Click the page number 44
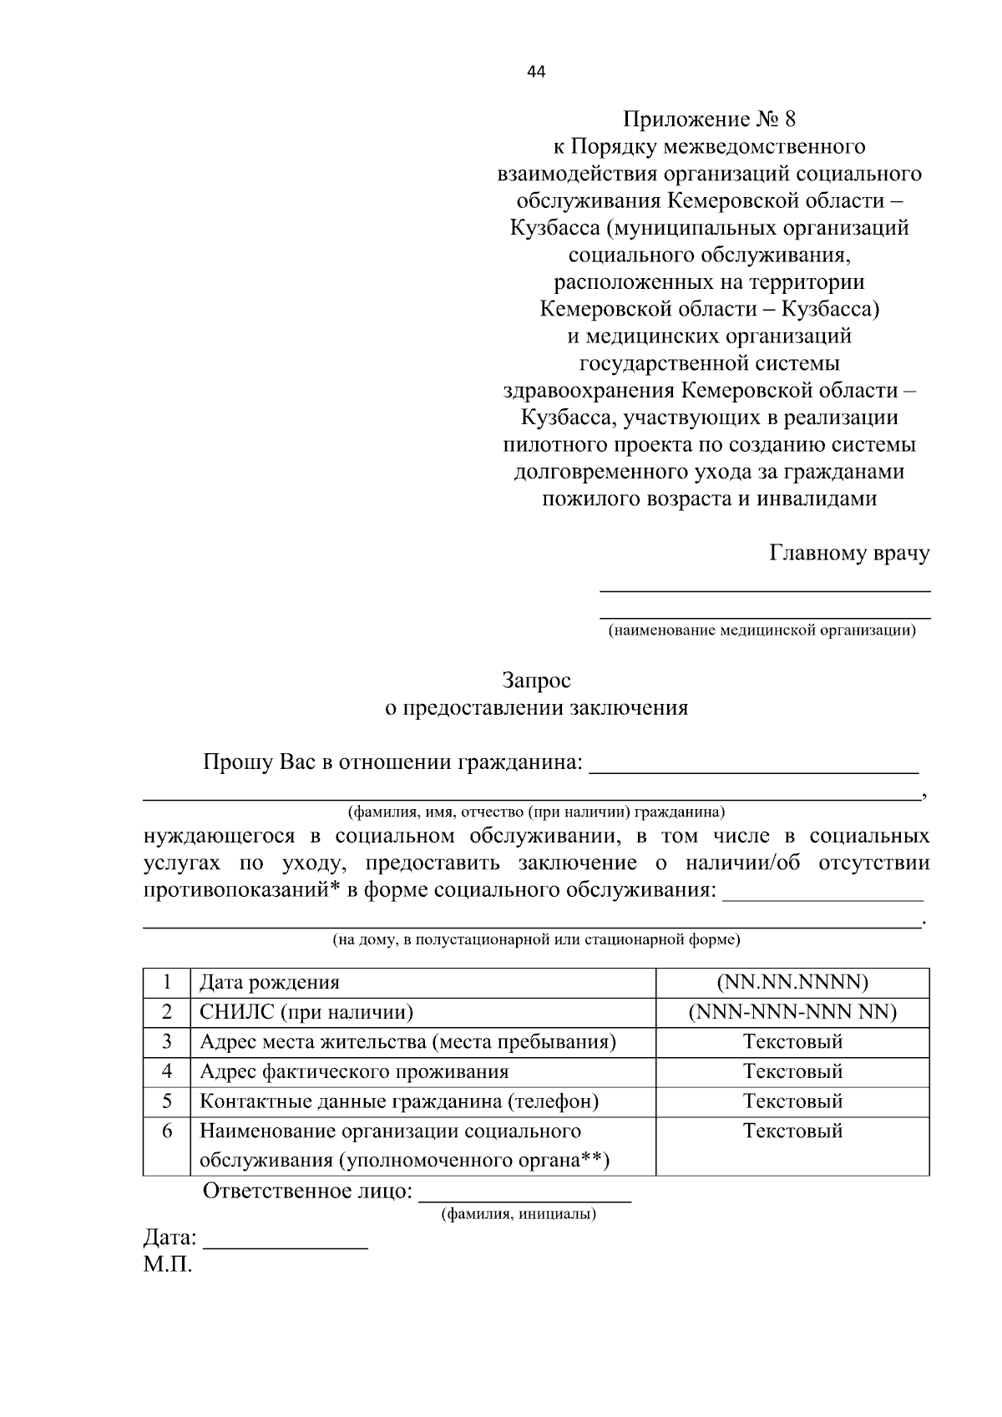[536, 73]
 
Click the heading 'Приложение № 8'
[709, 119]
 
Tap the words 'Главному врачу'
[848, 554]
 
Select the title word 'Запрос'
[536, 681]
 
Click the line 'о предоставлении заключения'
[536, 708]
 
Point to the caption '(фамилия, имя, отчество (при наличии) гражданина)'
[536, 812]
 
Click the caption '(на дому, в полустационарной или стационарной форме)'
[536, 939]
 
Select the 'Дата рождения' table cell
[269, 983]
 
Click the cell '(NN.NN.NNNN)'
[792, 982]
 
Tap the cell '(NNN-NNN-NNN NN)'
[792, 1012]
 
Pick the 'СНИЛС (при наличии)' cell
[306, 1013]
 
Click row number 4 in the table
[167, 1071]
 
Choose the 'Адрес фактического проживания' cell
[354, 1072]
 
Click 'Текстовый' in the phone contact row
[792, 1101]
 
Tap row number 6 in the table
[167, 1131]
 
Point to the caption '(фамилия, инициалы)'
[519, 1214]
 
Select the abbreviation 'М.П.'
[167, 1265]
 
